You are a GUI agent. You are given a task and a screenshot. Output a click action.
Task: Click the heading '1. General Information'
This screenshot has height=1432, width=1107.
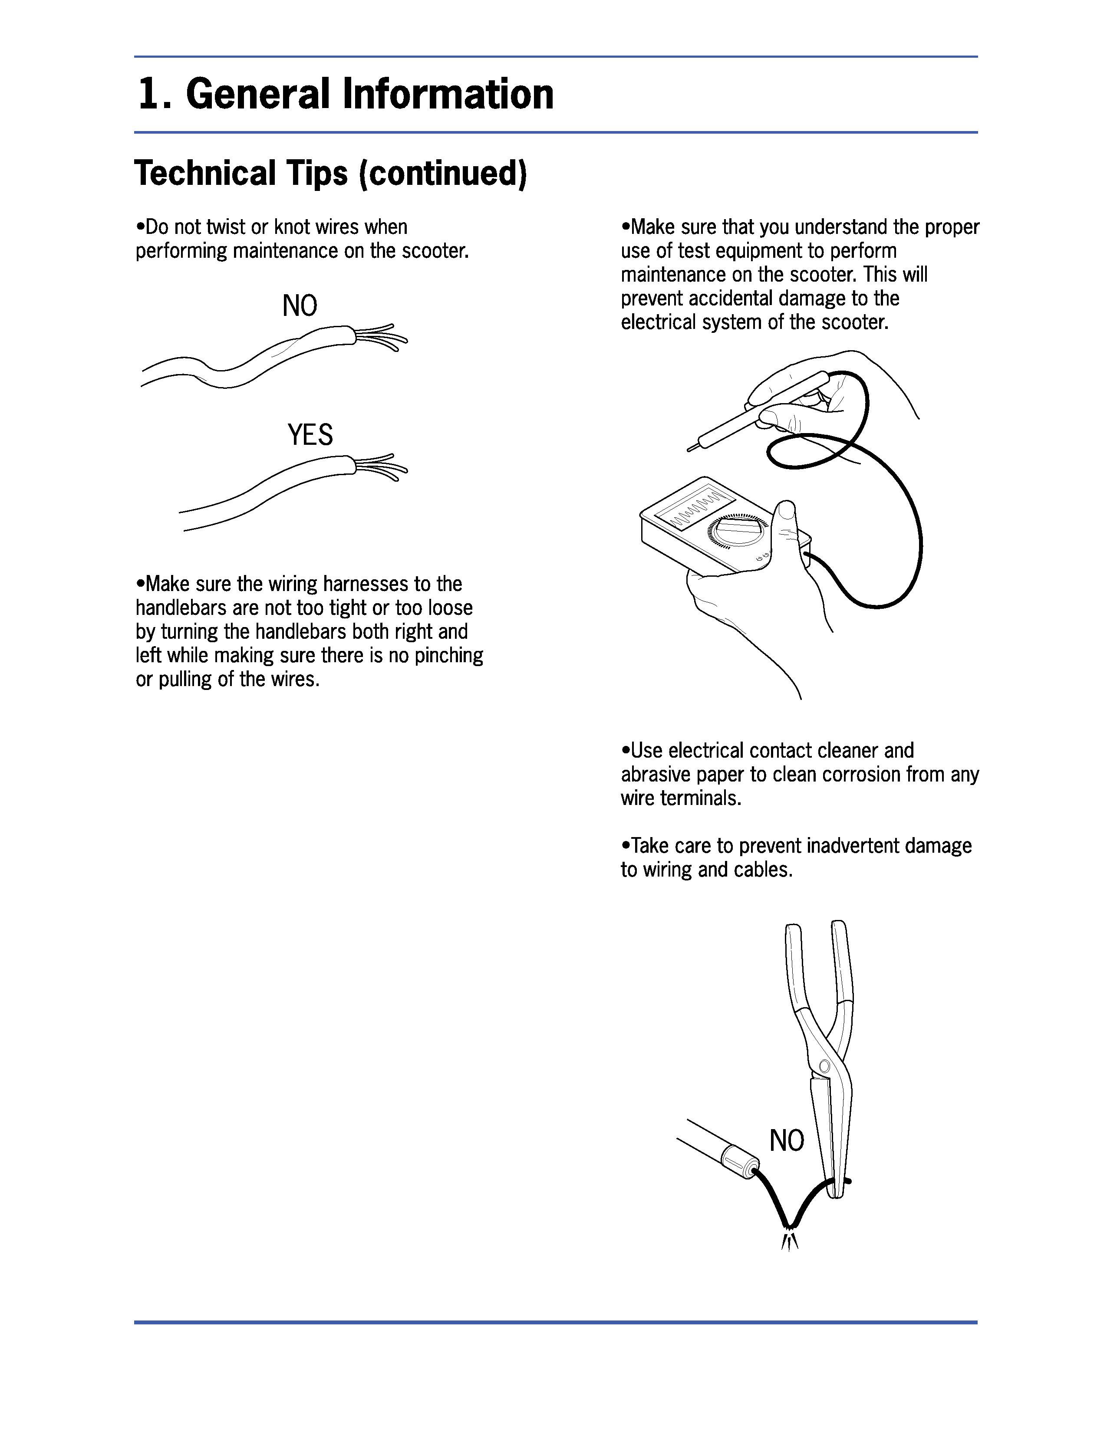click(x=346, y=94)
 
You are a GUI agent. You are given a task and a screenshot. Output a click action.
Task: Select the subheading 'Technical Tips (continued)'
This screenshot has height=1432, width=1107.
click(x=330, y=174)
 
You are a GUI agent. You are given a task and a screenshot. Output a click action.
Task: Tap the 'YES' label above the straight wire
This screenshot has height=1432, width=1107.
click(x=310, y=435)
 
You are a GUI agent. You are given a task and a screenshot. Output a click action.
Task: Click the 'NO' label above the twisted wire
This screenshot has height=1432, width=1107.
click(x=300, y=305)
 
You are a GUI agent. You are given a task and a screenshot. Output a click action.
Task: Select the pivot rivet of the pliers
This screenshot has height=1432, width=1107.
click(x=824, y=1067)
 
